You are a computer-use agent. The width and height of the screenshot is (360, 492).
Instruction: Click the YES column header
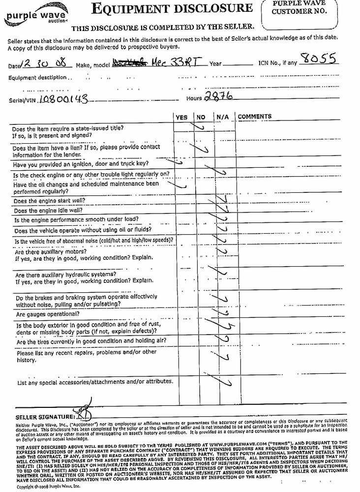click(181, 117)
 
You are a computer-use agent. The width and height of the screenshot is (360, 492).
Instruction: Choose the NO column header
click(201, 117)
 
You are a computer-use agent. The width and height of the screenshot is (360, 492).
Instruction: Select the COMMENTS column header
click(255, 117)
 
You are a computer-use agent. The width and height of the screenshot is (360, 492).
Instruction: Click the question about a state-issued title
click(67, 131)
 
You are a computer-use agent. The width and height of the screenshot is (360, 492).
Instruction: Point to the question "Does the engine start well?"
click(50, 201)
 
